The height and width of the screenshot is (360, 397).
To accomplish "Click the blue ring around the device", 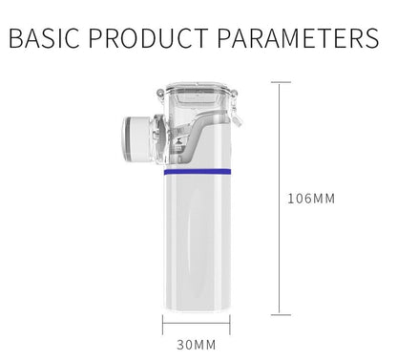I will [198, 175].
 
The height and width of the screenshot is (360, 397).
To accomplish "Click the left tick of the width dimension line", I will [163, 329].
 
